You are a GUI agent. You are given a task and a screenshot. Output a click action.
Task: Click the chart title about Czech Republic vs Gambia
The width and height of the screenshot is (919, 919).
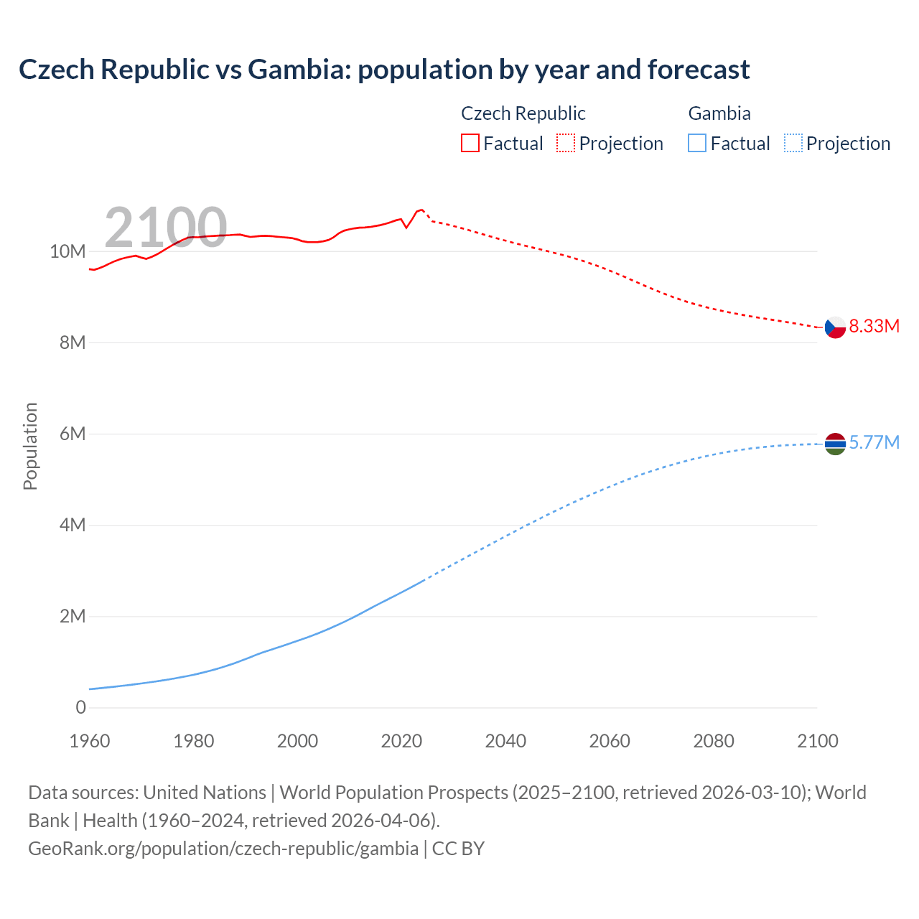coord(384,70)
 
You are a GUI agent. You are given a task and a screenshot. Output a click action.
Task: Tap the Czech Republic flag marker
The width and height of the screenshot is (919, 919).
coord(835,327)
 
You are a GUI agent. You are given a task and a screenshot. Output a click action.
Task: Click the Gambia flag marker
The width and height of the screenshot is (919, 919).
coord(835,444)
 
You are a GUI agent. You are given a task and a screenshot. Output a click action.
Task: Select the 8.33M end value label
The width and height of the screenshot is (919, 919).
coord(874,327)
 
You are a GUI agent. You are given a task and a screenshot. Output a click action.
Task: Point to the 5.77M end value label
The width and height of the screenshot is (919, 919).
coord(874,442)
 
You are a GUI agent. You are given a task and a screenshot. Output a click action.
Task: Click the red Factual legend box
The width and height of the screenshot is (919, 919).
coord(470,144)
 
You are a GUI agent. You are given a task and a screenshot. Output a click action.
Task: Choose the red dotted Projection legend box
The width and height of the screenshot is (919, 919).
coord(566,144)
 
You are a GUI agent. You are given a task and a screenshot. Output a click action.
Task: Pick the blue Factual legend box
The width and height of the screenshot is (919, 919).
coord(697,144)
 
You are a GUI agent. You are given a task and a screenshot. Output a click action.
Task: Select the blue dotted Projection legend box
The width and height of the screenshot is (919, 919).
coord(793,144)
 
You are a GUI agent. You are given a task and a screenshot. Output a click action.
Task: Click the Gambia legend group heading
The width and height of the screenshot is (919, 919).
coord(719,113)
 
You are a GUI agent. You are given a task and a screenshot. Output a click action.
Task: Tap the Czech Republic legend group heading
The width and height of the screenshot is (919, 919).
coord(523,113)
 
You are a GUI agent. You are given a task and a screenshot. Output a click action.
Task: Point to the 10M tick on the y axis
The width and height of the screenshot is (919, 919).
coord(67,252)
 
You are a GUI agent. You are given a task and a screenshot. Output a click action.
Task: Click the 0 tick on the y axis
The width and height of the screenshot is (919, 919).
coord(80,708)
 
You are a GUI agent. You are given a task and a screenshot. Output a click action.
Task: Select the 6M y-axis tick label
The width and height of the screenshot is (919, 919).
coord(72,434)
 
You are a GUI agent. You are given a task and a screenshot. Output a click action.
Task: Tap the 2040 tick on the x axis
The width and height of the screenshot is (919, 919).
coord(505,741)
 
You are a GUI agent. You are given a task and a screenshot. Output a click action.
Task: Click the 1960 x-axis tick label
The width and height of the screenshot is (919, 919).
coord(90,741)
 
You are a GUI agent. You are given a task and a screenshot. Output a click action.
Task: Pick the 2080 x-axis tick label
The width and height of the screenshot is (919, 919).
coord(714,741)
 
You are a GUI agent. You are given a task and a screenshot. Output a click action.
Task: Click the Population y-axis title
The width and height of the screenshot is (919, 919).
coord(30,446)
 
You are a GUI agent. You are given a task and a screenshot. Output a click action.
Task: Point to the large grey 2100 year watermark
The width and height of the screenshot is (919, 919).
coord(166,228)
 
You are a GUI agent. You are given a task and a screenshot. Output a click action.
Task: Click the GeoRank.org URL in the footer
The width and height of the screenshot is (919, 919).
coord(223,849)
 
